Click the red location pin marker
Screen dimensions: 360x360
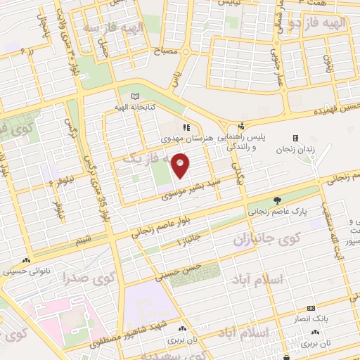click(x=181, y=166)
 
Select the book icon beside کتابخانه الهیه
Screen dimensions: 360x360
click(x=135, y=96)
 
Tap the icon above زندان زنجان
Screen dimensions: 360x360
click(x=295, y=137)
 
